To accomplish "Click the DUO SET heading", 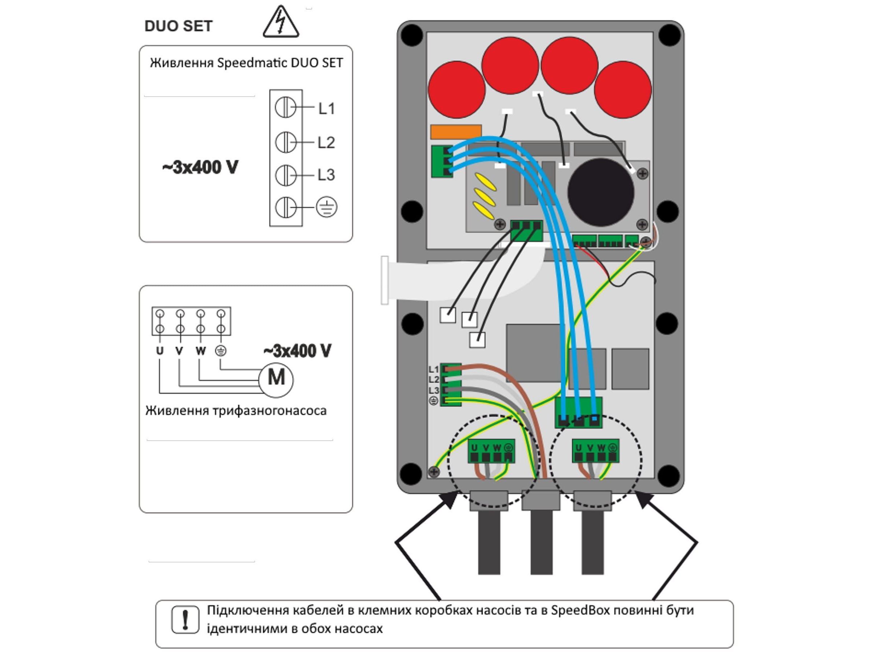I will point(178,26).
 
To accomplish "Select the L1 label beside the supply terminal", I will point(327,108).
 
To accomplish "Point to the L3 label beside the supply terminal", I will point(326,175).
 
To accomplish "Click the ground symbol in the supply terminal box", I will point(326,207).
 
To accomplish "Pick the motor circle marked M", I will point(276,379).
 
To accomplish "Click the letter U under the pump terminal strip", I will point(159,350).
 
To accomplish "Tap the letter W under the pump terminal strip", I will point(200,350).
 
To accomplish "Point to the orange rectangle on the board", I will point(456,132).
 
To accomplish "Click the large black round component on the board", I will point(601,192).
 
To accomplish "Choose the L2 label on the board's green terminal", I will point(433,380).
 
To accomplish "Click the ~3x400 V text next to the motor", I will point(298,350).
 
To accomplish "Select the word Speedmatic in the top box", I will point(246,63).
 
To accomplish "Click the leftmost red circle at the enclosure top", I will point(456,89).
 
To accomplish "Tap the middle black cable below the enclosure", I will point(541,541).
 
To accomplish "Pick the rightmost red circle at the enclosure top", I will point(622,89).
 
